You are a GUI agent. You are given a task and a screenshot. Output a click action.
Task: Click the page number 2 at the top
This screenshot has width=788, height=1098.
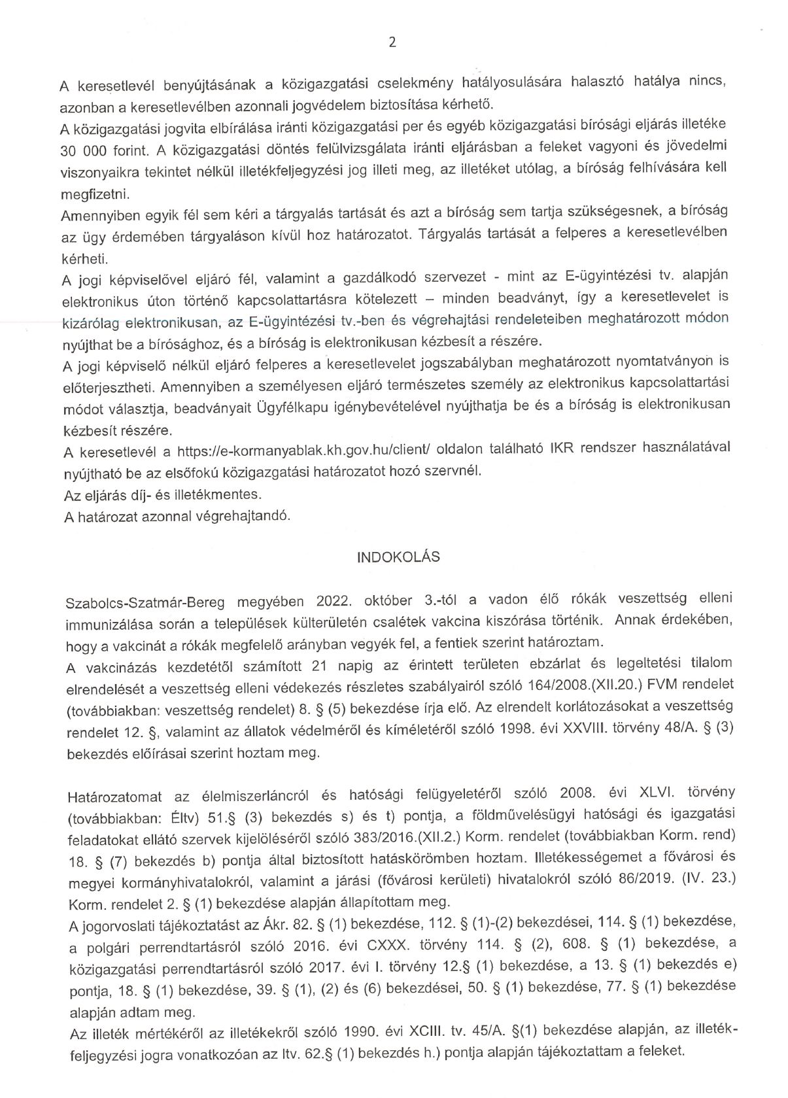coord(392,43)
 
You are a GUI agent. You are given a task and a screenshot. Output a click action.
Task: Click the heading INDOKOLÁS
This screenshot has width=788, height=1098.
coord(398,557)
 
